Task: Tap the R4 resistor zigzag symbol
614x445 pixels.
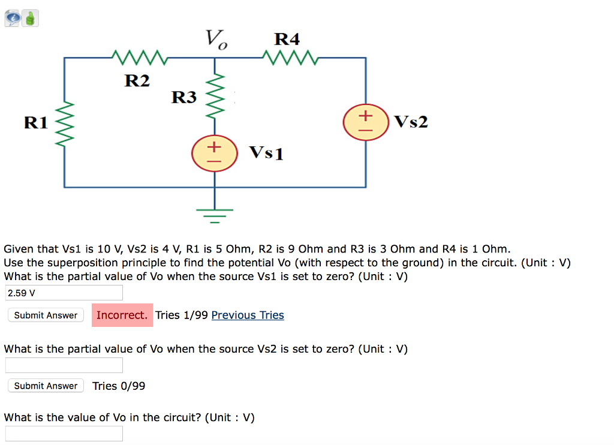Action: point(290,58)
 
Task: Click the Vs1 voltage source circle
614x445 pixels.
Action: point(215,154)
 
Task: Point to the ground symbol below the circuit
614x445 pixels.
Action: point(215,211)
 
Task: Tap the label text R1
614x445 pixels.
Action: point(35,123)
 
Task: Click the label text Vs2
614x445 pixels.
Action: point(411,122)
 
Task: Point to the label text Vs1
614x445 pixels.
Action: point(266,153)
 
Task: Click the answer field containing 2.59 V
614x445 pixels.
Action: point(64,293)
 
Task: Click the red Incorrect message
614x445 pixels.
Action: point(122,315)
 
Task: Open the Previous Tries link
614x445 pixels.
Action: point(248,315)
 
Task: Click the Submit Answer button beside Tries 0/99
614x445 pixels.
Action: point(46,386)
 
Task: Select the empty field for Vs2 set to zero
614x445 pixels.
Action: point(64,365)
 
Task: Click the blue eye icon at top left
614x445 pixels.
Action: point(13,19)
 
